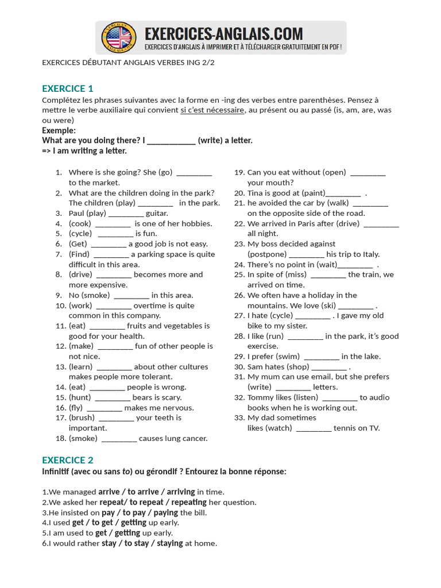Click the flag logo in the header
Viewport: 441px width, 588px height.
pyautogui.click(x=119, y=38)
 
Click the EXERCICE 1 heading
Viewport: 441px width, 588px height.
pyautogui.click(x=67, y=88)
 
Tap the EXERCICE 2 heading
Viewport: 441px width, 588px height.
pyautogui.click(x=67, y=460)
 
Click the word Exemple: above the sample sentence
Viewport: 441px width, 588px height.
pyautogui.click(x=59, y=130)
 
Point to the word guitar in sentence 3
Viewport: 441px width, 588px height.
pyautogui.click(x=157, y=213)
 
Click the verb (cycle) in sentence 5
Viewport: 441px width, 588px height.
pyautogui.click(x=80, y=234)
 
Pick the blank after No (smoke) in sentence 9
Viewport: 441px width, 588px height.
pyautogui.click(x=131, y=296)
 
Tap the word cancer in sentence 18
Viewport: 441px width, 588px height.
pyautogui.click(x=195, y=439)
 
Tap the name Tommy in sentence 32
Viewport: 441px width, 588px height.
pyautogui.click(x=261, y=397)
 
